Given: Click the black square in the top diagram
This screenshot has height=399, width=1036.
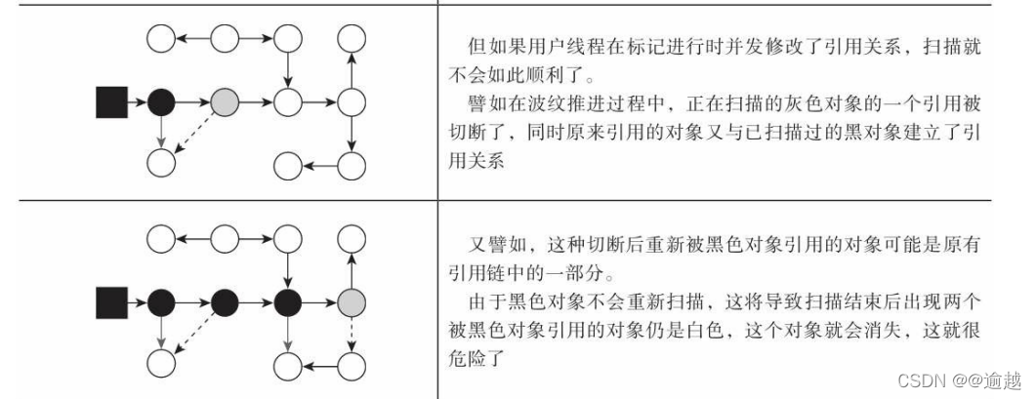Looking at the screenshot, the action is pyautogui.click(x=111, y=100).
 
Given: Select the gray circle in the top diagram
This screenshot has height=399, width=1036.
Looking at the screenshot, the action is pyautogui.click(x=225, y=100).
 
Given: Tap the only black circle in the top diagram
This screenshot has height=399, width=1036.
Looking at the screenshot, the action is pyautogui.click(x=162, y=100).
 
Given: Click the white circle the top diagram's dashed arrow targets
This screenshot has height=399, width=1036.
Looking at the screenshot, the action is pyautogui.click(x=162, y=162).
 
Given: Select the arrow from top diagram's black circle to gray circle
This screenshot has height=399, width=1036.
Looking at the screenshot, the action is pyautogui.click(x=193, y=100).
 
